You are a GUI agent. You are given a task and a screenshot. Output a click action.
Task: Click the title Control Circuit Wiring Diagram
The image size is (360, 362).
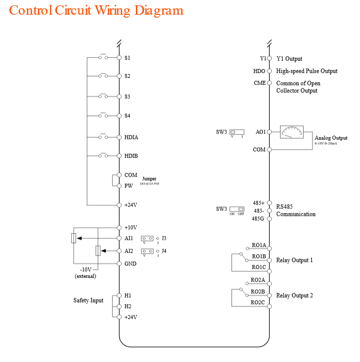[96, 10]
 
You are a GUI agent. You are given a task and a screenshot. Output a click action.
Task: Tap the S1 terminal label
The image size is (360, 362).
[127, 58]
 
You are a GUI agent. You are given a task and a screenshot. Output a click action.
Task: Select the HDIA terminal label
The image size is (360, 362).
[131, 137]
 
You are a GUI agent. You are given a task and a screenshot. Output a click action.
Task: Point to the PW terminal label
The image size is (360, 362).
[129, 186]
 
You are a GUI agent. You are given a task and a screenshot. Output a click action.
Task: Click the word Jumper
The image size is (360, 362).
[150, 179]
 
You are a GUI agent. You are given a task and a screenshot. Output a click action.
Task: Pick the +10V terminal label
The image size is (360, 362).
[130, 228]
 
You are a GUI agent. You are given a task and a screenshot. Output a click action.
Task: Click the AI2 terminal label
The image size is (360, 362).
[129, 251]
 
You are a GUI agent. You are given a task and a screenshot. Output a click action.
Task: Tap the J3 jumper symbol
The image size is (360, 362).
[147, 239]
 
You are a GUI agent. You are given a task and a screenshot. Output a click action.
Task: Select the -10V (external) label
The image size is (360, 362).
[85, 273]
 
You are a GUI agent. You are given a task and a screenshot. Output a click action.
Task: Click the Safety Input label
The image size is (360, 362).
[88, 300]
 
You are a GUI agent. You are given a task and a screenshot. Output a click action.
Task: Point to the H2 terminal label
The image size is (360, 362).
[128, 306]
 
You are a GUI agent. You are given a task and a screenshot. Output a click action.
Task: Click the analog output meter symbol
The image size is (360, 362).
[291, 132]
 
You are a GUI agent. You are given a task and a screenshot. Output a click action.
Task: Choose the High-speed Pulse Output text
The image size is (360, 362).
[307, 71]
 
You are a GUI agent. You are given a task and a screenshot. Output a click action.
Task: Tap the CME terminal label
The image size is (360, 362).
[259, 83]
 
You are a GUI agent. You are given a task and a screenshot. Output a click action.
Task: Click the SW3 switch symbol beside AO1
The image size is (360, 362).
[237, 132]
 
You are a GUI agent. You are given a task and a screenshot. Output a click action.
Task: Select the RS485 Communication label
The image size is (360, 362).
[295, 210]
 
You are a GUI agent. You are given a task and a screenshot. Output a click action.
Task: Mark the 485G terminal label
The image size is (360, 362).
[258, 218]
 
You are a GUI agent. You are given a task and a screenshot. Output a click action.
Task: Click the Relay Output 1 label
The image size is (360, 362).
[294, 260]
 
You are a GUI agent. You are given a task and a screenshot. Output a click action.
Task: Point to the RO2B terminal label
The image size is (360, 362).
[257, 291]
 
